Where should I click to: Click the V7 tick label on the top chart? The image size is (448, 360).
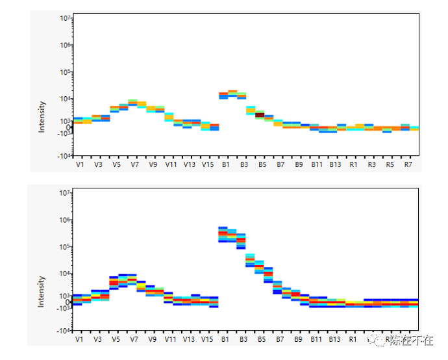pos(134,165)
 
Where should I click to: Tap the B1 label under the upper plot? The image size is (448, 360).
pos(225,165)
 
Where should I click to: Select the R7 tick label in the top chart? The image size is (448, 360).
pos(408,165)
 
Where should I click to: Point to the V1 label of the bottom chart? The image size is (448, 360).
pos(79,339)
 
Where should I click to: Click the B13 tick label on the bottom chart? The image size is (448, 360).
pos(335,339)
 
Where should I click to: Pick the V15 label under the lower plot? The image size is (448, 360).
pos(207,339)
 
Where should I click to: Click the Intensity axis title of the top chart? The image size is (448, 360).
pos(42,117)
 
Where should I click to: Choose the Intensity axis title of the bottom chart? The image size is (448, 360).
pos(42,292)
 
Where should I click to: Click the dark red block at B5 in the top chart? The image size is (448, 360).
pos(260,115)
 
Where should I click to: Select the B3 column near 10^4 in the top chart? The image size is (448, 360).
pos(242,95)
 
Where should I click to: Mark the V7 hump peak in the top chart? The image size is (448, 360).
pos(132,103)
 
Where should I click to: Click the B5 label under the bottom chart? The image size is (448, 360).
pos(262,339)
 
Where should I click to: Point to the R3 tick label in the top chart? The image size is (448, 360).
pos(371,165)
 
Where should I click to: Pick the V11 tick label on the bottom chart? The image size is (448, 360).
pos(171,339)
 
